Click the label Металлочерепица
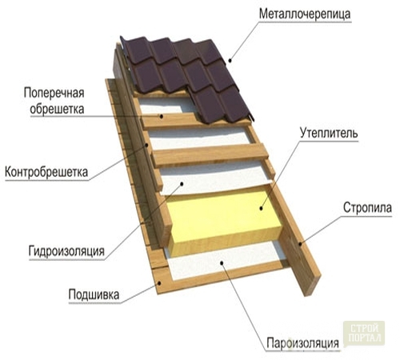[305, 14]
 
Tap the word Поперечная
[54, 93]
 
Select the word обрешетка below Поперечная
[57, 109]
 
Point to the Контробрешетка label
[46, 172]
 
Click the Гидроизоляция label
[66, 251]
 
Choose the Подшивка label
[94, 294]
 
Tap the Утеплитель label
[329, 133]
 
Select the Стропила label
[367, 208]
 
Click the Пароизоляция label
[302, 343]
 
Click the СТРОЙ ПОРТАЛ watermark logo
[364, 333]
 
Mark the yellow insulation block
[224, 222]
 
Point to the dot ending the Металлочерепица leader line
[230, 61]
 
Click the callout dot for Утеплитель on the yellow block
[262, 208]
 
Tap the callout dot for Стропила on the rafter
[300, 243]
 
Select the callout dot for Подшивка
[159, 283]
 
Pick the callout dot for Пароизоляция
[222, 263]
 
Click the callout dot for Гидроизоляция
[182, 183]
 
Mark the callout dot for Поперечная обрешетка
[161, 116]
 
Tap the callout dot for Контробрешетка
[146, 145]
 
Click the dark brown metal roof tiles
[186, 74]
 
